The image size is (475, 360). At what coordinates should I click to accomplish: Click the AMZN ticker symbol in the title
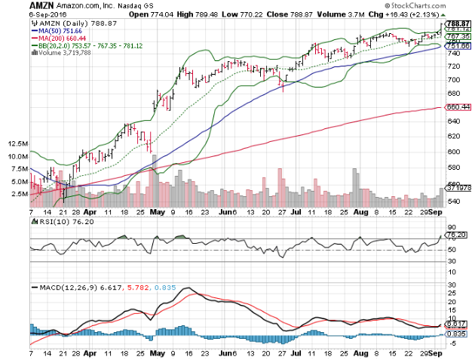16,5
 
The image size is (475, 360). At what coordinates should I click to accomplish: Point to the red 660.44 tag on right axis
458,107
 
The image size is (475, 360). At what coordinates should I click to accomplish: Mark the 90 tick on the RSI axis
452,227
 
